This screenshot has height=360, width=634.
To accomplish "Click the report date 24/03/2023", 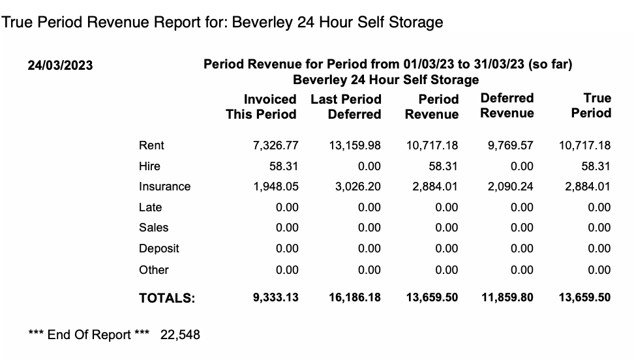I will tap(60, 65).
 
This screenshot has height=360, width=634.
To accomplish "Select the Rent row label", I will tap(151, 145).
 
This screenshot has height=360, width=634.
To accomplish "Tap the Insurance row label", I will tap(164, 187).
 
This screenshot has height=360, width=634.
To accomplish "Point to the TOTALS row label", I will tap(167, 298).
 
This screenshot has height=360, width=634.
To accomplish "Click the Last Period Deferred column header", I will tap(346, 107).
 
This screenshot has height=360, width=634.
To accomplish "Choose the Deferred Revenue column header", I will tap(507, 106).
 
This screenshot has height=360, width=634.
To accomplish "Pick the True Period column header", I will tap(591, 106).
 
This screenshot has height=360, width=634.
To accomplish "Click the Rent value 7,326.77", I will tap(275, 145).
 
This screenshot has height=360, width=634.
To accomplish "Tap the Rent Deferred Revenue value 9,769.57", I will tap(510, 145).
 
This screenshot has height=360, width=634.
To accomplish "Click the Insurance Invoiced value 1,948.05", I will tap(275, 187).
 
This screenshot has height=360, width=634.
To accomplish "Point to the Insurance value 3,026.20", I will tap(357, 187).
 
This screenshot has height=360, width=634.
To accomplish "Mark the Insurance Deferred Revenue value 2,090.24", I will tap(510, 187).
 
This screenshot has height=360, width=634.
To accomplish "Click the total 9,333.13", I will tap(275, 297).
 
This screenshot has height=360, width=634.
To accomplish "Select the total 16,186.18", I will tap(354, 297).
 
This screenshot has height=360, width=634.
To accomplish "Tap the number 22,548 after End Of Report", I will tap(180, 335).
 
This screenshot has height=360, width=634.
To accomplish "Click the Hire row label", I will tap(149, 166).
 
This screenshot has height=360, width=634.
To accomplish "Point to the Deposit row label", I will tap(158, 248).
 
